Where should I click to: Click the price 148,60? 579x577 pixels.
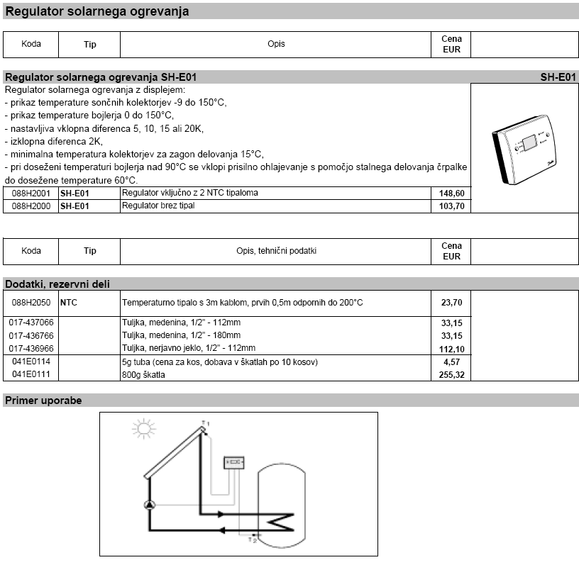tap(451, 193)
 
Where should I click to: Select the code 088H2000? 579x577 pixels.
tap(31, 206)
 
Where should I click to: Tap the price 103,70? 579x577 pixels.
tap(451, 206)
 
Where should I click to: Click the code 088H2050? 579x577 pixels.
tap(31, 303)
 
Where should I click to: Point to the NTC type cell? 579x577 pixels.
tap(69, 303)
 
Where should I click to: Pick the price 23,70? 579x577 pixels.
tap(451, 303)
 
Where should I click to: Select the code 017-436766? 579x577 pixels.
tap(31, 335)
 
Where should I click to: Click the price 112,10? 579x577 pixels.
tap(451, 348)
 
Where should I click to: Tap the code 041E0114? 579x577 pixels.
tap(31, 362)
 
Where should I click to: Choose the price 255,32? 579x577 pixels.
tap(451, 374)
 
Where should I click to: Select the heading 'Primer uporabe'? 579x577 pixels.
tap(43, 400)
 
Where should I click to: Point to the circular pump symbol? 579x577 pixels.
tap(150, 505)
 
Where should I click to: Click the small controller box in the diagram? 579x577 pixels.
tap(233, 462)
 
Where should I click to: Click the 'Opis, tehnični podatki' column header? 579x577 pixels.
tap(276, 251)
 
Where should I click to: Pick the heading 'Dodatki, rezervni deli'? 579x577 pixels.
tap(57, 284)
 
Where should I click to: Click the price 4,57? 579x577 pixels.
tap(451, 362)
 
